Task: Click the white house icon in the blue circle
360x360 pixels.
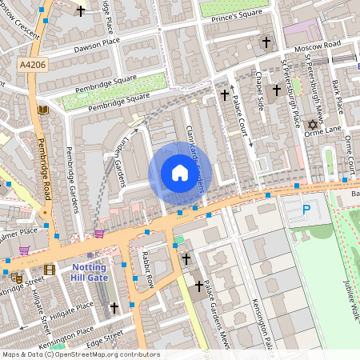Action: pyautogui.click(x=180, y=173)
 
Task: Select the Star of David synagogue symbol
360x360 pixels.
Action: pyautogui.click(x=313, y=125)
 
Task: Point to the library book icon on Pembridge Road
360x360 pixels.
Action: pyautogui.click(x=43, y=110)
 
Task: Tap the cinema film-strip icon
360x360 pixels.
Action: pyautogui.click(x=50, y=270)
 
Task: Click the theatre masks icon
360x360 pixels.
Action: pyautogui.click(x=17, y=277)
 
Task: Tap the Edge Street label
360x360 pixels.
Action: pyautogui.click(x=104, y=336)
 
